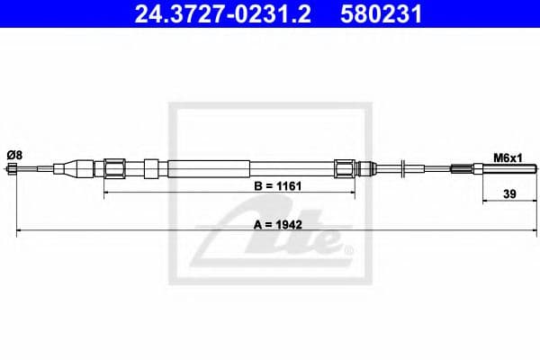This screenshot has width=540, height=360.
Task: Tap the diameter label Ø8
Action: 14,155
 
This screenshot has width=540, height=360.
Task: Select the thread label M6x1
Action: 508,157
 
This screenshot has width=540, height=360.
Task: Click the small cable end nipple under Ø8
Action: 14,168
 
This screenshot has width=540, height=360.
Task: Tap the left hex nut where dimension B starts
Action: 114,168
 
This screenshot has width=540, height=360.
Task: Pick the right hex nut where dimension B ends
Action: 346,168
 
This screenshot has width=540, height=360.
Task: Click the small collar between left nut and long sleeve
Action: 152,168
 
